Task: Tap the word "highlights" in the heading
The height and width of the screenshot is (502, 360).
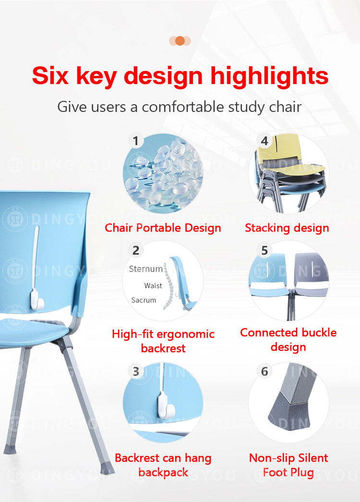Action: (x=269, y=77)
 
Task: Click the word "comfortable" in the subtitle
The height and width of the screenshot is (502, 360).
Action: (x=183, y=107)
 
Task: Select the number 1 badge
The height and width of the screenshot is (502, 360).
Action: (x=136, y=141)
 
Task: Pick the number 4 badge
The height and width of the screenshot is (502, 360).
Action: (x=264, y=141)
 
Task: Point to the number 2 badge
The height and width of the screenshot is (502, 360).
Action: (x=136, y=250)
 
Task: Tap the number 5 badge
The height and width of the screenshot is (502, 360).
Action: (x=264, y=250)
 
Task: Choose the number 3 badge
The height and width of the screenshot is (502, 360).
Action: (x=136, y=371)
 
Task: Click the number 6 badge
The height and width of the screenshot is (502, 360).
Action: (x=264, y=371)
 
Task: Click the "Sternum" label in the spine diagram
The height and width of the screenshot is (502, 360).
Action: (x=145, y=269)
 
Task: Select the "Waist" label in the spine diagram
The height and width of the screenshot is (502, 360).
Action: (x=153, y=285)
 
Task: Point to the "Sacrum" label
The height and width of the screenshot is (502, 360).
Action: (x=144, y=300)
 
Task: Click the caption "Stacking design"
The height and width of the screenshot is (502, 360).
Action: (x=287, y=228)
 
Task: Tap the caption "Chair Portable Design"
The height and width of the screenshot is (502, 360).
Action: (x=163, y=228)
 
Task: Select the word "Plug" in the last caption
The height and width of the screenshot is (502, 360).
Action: (x=301, y=473)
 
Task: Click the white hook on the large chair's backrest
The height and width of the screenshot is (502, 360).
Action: (x=37, y=299)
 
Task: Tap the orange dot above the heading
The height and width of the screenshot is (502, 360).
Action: (x=180, y=41)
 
